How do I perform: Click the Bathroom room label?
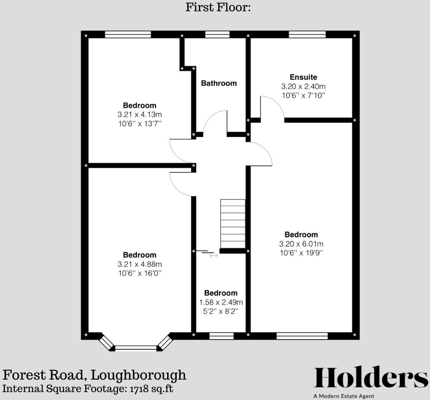219,83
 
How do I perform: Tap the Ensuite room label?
303,77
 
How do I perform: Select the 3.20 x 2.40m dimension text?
303,87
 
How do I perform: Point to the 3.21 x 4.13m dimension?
140,115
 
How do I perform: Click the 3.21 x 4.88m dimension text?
140,264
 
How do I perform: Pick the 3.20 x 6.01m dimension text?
301,244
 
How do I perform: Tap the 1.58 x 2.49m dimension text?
221,302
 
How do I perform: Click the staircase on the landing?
233,224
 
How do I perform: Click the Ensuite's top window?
307,35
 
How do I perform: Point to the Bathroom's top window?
217,35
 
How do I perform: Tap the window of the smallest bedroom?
221,336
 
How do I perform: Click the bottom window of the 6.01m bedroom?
302,336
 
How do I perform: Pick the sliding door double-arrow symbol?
213,256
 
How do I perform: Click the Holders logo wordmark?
370,378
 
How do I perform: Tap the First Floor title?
218,7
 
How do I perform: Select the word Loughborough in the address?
138,375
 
